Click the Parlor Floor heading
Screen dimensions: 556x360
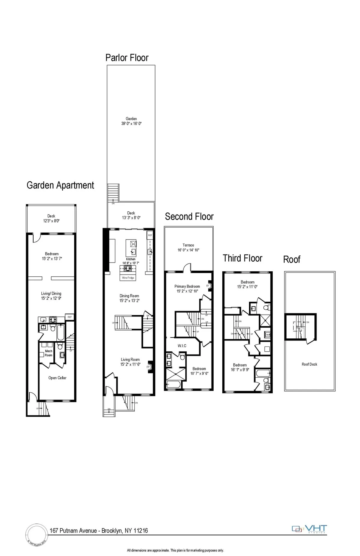pos(127,58)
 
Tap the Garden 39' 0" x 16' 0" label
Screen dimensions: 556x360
pos(131,121)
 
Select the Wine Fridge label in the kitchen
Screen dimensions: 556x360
pos(128,278)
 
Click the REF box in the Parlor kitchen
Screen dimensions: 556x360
pos(150,236)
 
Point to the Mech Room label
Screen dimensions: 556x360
pos(49,353)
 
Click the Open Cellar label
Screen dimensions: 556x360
pos(57,378)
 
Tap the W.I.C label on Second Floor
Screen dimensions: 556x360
pos(182,346)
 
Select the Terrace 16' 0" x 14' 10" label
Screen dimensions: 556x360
pos(188,248)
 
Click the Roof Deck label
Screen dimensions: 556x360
pos(309,364)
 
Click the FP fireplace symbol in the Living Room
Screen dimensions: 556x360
pos(148,367)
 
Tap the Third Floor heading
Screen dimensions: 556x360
pos(242,258)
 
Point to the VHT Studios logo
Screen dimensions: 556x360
pos(309,529)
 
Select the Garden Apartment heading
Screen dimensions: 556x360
pos(60,186)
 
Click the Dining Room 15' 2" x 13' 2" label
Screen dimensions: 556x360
pos(129,298)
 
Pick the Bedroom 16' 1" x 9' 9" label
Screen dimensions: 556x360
pos(240,367)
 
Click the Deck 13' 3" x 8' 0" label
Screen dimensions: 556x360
pos(131,216)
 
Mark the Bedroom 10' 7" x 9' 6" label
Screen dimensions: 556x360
pos(199,371)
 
